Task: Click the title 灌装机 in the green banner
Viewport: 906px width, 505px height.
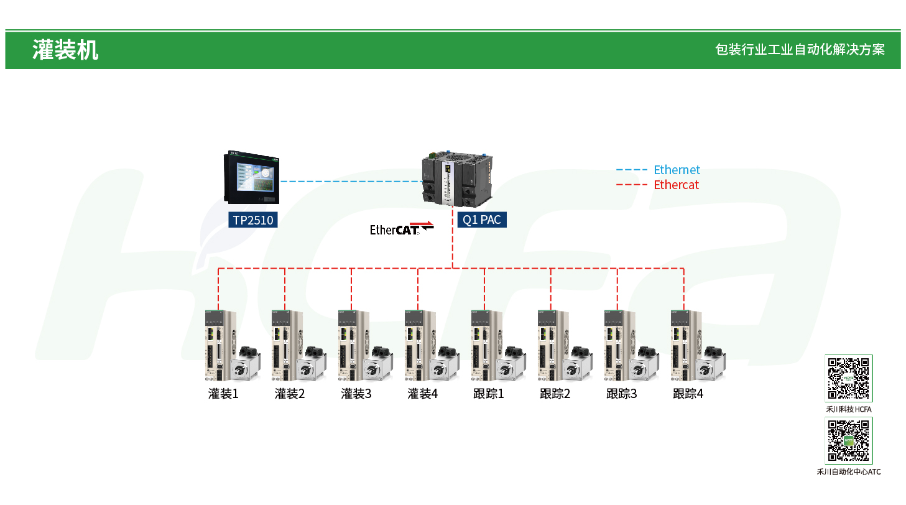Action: tap(65, 50)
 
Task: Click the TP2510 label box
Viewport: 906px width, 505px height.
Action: tap(252, 220)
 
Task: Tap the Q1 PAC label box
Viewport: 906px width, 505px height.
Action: tap(482, 220)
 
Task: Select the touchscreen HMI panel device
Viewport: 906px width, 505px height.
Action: tap(252, 177)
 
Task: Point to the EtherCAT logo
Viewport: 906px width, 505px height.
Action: tap(401, 229)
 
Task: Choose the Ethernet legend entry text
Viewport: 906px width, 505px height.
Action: tap(677, 170)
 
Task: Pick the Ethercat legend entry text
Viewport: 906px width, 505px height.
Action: tap(676, 185)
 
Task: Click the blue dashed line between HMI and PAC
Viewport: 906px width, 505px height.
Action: tap(351, 182)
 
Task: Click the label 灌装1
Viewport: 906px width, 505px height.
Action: tap(223, 394)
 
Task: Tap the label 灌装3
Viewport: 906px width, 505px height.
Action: tap(356, 394)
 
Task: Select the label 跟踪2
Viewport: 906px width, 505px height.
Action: tap(555, 394)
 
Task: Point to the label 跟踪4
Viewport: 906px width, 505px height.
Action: tap(688, 394)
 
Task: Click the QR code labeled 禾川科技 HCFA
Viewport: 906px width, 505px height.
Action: tap(849, 379)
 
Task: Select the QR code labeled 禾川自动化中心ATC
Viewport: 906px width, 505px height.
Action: tap(849, 440)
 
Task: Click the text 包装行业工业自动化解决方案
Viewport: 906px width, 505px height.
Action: tap(800, 50)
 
